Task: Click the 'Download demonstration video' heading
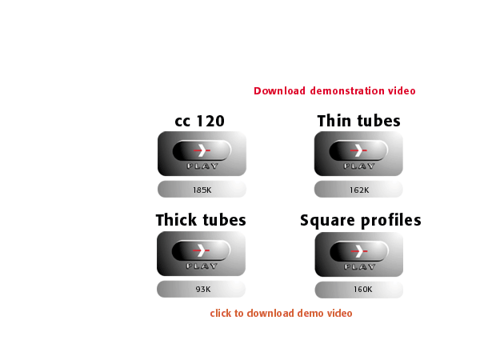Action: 334,91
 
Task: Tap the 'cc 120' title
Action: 199,121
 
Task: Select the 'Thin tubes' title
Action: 358,121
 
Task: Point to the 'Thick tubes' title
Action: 201,220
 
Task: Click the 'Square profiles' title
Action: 361,221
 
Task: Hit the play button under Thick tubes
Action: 201,254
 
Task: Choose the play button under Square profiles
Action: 358,254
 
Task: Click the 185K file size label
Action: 202,190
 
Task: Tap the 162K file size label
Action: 359,190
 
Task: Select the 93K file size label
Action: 203,290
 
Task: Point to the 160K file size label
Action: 362,290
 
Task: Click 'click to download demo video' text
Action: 281,313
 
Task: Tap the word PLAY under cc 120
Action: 202,166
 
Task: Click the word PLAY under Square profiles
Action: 360,267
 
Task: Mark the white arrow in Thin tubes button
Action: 358,150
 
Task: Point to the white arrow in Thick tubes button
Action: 201,250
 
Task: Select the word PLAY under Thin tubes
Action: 359,166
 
